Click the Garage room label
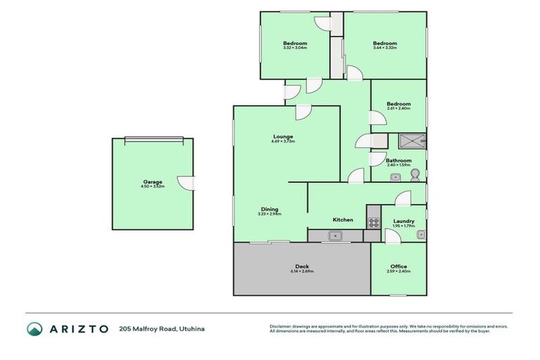tap(152, 181)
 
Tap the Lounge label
tap(283, 136)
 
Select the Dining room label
tap(270, 209)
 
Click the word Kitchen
tap(343, 220)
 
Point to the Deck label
tap(302, 266)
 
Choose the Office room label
tap(398, 266)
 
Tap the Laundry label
tap(404, 221)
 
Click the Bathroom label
tap(398, 160)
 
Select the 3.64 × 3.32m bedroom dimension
tap(385, 48)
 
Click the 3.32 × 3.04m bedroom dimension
tap(295, 48)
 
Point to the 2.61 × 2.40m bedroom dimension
tap(398, 109)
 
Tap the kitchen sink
tap(335, 236)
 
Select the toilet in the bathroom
tap(416, 173)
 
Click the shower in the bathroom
tap(409, 141)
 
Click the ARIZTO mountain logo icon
tap(34, 329)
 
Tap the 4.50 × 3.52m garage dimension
tap(152, 186)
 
